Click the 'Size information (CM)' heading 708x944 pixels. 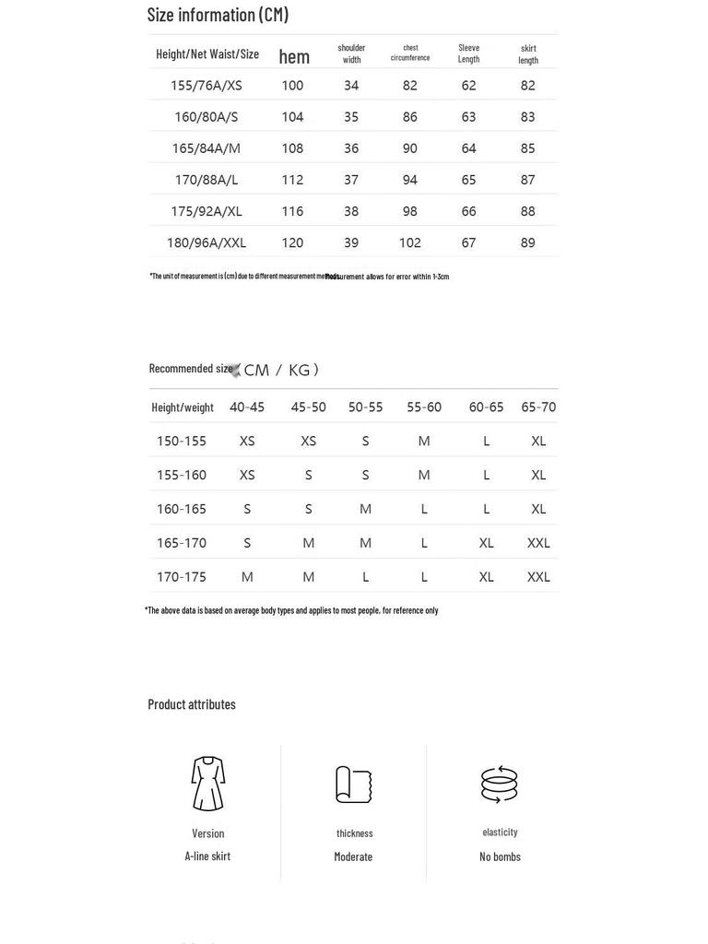click(x=218, y=15)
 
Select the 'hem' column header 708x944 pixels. click(x=294, y=56)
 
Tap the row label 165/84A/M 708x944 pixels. click(x=206, y=148)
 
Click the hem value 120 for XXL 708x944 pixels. click(x=292, y=242)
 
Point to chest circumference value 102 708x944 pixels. click(x=410, y=242)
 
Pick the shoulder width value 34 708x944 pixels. click(x=351, y=86)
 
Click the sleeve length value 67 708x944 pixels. click(x=468, y=242)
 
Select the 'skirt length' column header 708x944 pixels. click(x=528, y=54)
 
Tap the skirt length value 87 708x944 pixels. click(x=527, y=180)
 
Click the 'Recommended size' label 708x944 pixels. click(x=191, y=369)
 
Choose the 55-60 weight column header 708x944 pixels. click(x=424, y=407)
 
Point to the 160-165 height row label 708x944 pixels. click(x=182, y=509)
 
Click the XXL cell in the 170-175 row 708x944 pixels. click(x=538, y=577)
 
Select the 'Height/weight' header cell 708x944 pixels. click(x=183, y=407)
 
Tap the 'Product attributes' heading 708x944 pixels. click(x=192, y=704)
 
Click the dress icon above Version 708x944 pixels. click(x=208, y=784)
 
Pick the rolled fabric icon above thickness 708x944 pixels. click(x=353, y=785)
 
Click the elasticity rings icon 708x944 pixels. click(x=500, y=784)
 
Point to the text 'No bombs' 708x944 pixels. click(x=500, y=856)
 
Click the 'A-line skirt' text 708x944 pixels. click(x=207, y=856)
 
